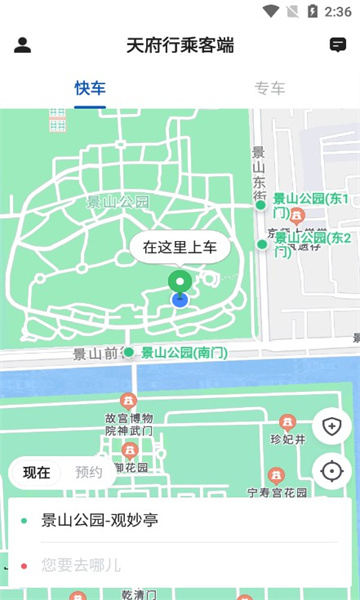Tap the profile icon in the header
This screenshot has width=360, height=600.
23,45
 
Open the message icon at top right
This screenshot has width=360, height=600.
338,45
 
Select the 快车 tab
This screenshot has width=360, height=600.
90,87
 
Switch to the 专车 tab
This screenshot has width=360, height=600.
270,87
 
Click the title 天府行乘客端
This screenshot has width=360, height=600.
180,45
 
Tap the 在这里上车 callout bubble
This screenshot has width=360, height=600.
180,246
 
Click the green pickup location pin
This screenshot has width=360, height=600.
179,282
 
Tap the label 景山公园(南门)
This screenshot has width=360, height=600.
184,352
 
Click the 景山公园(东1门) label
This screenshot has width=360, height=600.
310,205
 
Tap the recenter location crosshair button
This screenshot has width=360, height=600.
332,471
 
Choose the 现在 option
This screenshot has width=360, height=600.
37,472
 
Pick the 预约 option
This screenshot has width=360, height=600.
89,472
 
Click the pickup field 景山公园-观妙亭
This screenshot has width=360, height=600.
180,520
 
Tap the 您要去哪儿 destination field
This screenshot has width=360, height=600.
180,565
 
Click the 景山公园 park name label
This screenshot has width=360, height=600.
118,202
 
